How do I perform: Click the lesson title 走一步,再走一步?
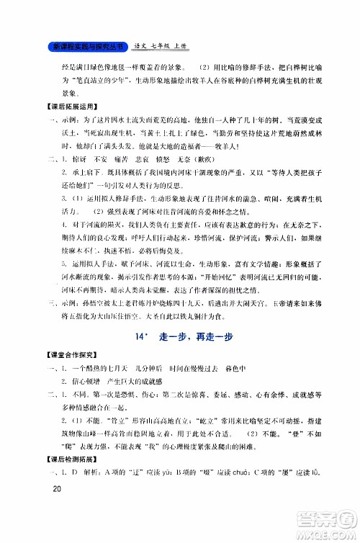tap(198, 316)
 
